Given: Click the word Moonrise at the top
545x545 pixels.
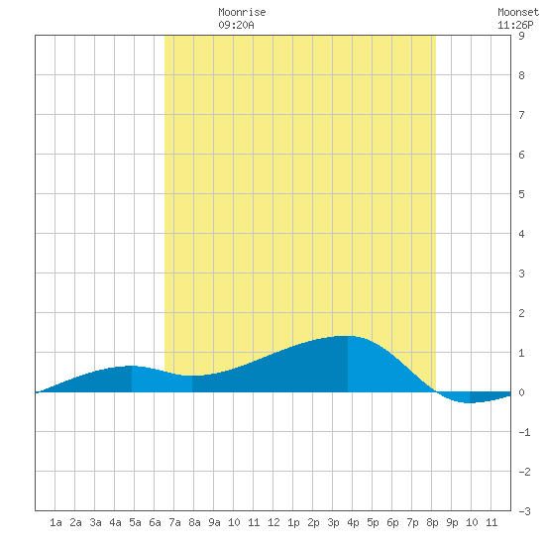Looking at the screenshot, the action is pyautogui.click(x=242, y=12).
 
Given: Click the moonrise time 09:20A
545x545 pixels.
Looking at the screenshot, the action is pyautogui.click(x=237, y=25).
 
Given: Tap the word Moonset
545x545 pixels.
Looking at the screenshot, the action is pyautogui.click(x=518, y=12).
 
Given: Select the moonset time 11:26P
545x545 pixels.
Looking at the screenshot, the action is pyautogui.click(x=515, y=25).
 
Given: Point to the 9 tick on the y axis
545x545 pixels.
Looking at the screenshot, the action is pyautogui.click(x=521, y=36).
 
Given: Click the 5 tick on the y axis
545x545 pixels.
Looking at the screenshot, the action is pyautogui.click(x=521, y=194).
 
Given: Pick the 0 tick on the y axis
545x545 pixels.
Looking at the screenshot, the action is pyautogui.click(x=521, y=392).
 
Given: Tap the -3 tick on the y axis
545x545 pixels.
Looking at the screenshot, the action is pyautogui.click(x=524, y=511).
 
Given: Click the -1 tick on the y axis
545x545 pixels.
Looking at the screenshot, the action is pyautogui.click(x=524, y=432).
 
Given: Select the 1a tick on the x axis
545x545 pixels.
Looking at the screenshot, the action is pyautogui.click(x=55, y=522).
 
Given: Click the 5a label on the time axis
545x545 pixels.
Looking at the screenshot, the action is pyautogui.click(x=135, y=522).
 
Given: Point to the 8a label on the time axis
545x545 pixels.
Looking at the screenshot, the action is pyautogui.click(x=194, y=522).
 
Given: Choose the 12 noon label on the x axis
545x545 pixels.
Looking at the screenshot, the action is pyautogui.click(x=273, y=522).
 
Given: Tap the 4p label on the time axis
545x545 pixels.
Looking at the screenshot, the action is pyautogui.click(x=353, y=522).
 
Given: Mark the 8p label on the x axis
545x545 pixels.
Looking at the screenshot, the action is pyautogui.click(x=432, y=522).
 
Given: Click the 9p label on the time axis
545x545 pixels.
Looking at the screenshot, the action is pyautogui.click(x=452, y=522).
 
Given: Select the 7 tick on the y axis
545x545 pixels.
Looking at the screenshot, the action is pyautogui.click(x=521, y=115).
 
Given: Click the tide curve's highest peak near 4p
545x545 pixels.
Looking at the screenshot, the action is pyautogui.click(x=348, y=336).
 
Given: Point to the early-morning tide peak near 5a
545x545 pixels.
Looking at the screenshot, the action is pyautogui.click(x=132, y=366).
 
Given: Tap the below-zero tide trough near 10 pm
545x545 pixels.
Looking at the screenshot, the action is pyautogui.click(x=470, y=402).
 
